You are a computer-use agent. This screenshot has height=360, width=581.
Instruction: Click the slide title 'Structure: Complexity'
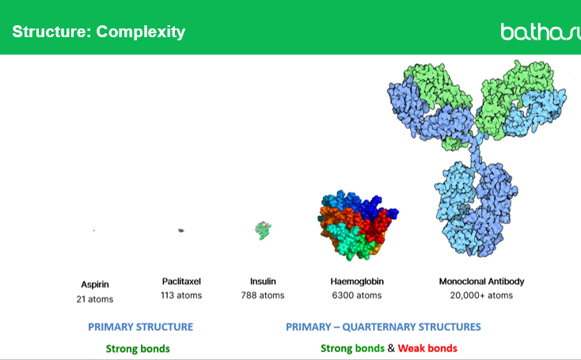(98, 32)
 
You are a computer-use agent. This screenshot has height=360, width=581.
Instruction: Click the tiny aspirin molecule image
(94, 230)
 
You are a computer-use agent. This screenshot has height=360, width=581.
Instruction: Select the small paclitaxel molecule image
(181, 230)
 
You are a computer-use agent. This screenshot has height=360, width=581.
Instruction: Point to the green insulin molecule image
(263, 229)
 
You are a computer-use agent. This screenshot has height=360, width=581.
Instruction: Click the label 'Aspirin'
(95, 283)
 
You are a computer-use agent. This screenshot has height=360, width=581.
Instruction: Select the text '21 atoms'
(95, 298)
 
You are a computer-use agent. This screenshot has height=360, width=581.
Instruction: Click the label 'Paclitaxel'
(182, 281)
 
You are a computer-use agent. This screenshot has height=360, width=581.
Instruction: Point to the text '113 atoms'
(182, 295)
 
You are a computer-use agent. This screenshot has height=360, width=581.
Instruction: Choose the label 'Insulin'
(263, 281)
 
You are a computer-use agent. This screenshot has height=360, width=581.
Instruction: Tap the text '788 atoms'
(263, 295)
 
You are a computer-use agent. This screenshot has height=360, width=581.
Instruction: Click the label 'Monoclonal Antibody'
(481, 281)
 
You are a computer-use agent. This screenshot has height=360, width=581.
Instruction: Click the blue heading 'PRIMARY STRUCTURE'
(140, 327)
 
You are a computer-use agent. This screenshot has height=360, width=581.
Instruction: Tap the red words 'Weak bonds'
(427, 348)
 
